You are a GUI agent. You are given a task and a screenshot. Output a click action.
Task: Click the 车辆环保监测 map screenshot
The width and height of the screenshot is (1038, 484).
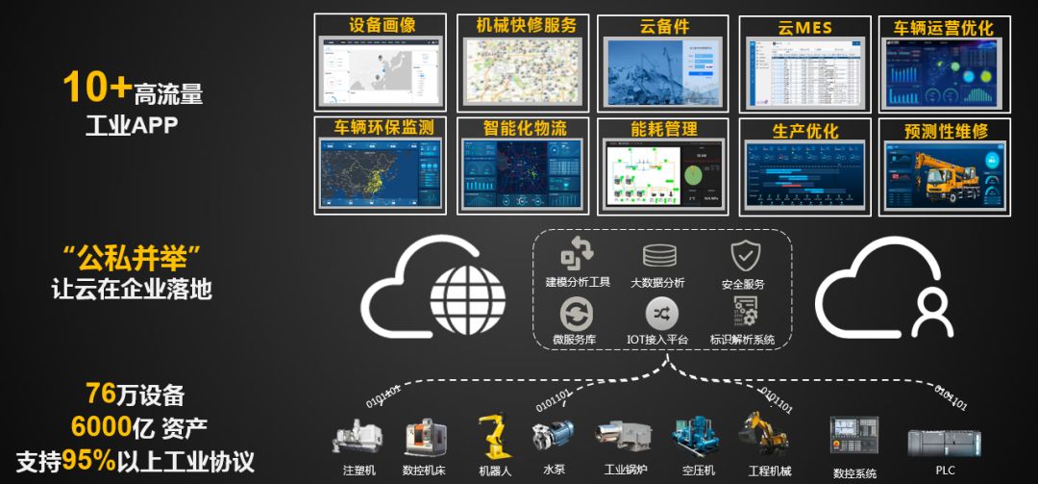point(380,174)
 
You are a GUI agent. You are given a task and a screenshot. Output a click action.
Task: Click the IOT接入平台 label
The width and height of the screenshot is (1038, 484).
point(657,339)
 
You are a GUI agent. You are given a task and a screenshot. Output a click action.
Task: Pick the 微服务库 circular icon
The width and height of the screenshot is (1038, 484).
point(576,314)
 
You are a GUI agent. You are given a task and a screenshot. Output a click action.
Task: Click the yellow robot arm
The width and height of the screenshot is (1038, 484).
point(493,435)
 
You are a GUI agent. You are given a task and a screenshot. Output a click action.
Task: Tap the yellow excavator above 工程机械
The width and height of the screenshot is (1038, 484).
point(763,431)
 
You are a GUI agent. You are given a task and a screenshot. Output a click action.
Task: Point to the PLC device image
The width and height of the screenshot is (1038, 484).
point(943,442)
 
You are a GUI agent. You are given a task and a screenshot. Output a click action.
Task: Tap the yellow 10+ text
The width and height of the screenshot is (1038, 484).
point(97,89)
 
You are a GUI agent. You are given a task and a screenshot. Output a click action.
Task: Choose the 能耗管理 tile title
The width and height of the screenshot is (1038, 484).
point(661,128)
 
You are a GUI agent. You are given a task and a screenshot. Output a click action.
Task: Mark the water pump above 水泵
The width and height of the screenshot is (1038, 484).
point(554,436)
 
